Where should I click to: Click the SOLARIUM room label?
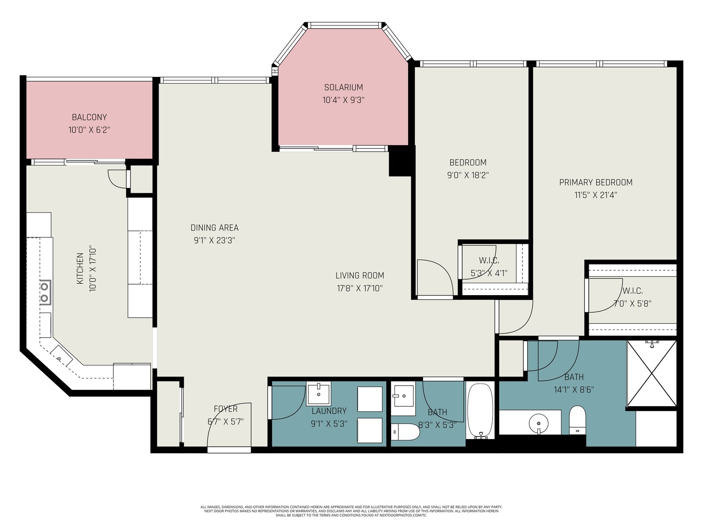coord(343,87)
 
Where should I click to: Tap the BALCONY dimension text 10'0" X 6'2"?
coord(89,130)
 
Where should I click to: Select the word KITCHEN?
coord(80,268)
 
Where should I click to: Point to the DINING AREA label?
coord(214,228)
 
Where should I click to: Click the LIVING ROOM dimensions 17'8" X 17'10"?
coord(360,288)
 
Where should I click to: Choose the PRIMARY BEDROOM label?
coord(596,182)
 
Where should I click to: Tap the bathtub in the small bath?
coord(480,411)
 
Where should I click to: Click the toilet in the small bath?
coord(405,432)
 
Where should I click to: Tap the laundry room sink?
coord(319,393)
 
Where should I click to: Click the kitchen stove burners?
coord(45,292)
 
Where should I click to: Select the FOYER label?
coord(225,409)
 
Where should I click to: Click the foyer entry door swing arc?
coord(221,415)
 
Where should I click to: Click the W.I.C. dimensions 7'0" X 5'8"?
coord(633,303)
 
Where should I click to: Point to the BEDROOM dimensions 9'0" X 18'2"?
coord(468,175)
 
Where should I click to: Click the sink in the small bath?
coord(403,396)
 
